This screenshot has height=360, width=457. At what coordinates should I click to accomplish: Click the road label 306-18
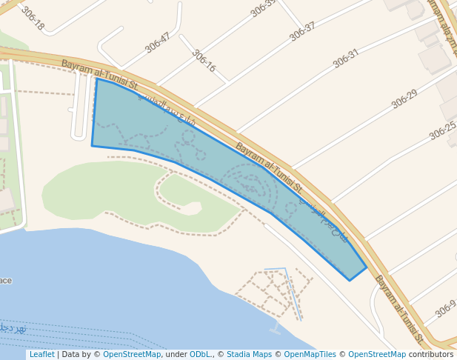point(32,19)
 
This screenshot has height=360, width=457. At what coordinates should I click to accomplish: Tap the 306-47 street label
point(158,42)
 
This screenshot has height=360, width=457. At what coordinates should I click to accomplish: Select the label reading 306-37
point(302,31)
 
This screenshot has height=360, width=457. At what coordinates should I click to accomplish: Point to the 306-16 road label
point(204,61)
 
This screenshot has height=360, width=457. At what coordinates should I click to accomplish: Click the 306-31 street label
point(346,59)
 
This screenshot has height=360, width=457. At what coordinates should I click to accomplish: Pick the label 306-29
point(404,99)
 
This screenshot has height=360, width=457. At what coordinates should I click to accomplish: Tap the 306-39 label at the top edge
point(263,6)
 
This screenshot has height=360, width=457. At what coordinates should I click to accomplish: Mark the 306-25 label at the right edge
point(442,131)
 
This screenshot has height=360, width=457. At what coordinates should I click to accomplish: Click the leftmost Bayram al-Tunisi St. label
point(100,75)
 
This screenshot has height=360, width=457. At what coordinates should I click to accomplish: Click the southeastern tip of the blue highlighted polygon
point(350,280)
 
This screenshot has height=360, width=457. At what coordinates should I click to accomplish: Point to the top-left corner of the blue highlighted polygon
point(96,79)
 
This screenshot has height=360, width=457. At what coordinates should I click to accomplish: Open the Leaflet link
point(41,354)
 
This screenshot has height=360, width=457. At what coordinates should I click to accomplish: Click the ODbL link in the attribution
point(200,354)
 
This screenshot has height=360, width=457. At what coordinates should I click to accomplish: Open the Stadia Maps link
point(249,354)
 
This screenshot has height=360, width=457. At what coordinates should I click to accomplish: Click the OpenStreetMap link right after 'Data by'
point(132,354)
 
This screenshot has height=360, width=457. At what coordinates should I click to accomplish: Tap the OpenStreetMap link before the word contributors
point(377,354)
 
